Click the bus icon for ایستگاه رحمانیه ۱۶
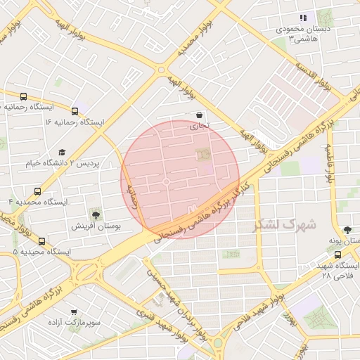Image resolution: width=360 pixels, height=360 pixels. pyautogui.click(x=75, y=110)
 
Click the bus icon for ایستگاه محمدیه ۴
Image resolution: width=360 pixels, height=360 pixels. pyautogui.click(x=37, y=191)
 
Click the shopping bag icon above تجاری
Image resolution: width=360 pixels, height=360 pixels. pyautogui.click(x=200, y=115)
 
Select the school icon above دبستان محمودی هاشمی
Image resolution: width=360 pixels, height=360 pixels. pyautogui.click(x=303, y=18)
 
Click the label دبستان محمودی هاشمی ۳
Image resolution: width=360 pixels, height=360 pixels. pyautogui.click(x=303, y=34)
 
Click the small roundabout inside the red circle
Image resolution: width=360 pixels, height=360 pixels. pyautogui.click(x=166, y=181)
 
